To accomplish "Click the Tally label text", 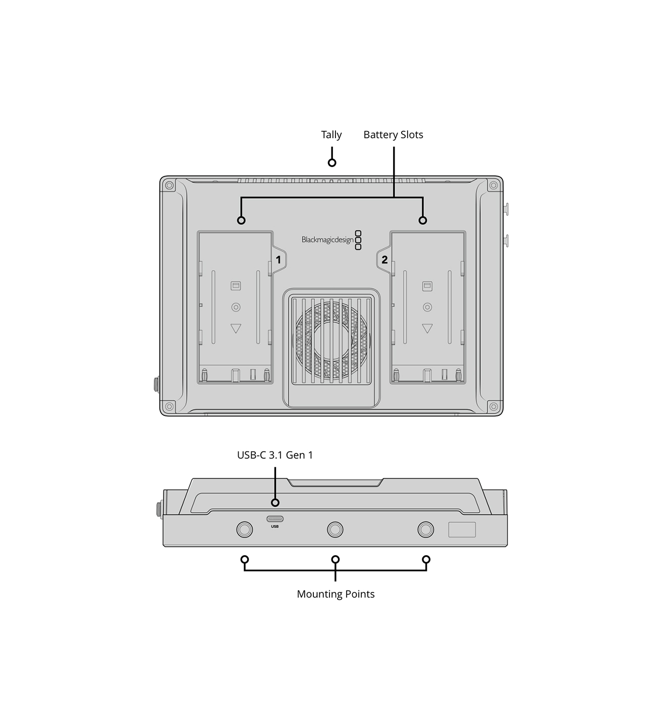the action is pyautogui.click(x=331, y=135).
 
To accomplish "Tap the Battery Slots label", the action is pyautogui.click(x=393, y=135).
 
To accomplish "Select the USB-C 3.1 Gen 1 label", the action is pyautogui.click(x=275, y=455).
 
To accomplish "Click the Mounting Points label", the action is pyautogui.click(x=336, y=594).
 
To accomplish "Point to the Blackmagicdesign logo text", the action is pyautogui.click(x=327, y=239).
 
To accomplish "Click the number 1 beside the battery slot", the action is pyautogui.click(x=278, y=260).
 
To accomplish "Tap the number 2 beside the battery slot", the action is pyautogui.click(x=384, y=260).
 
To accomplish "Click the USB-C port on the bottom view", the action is pyautogui.click(x=275, y=519).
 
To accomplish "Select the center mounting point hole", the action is pyautogui.click(x=335, y=530).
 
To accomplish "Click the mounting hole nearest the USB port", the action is pyautogui.click(x=245, y=530).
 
